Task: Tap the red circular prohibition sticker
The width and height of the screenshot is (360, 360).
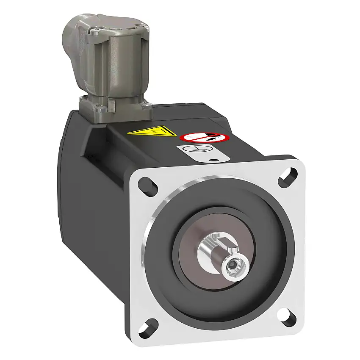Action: [x=205, y=137]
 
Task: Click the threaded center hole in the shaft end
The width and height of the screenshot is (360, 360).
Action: [x=232, y=265]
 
